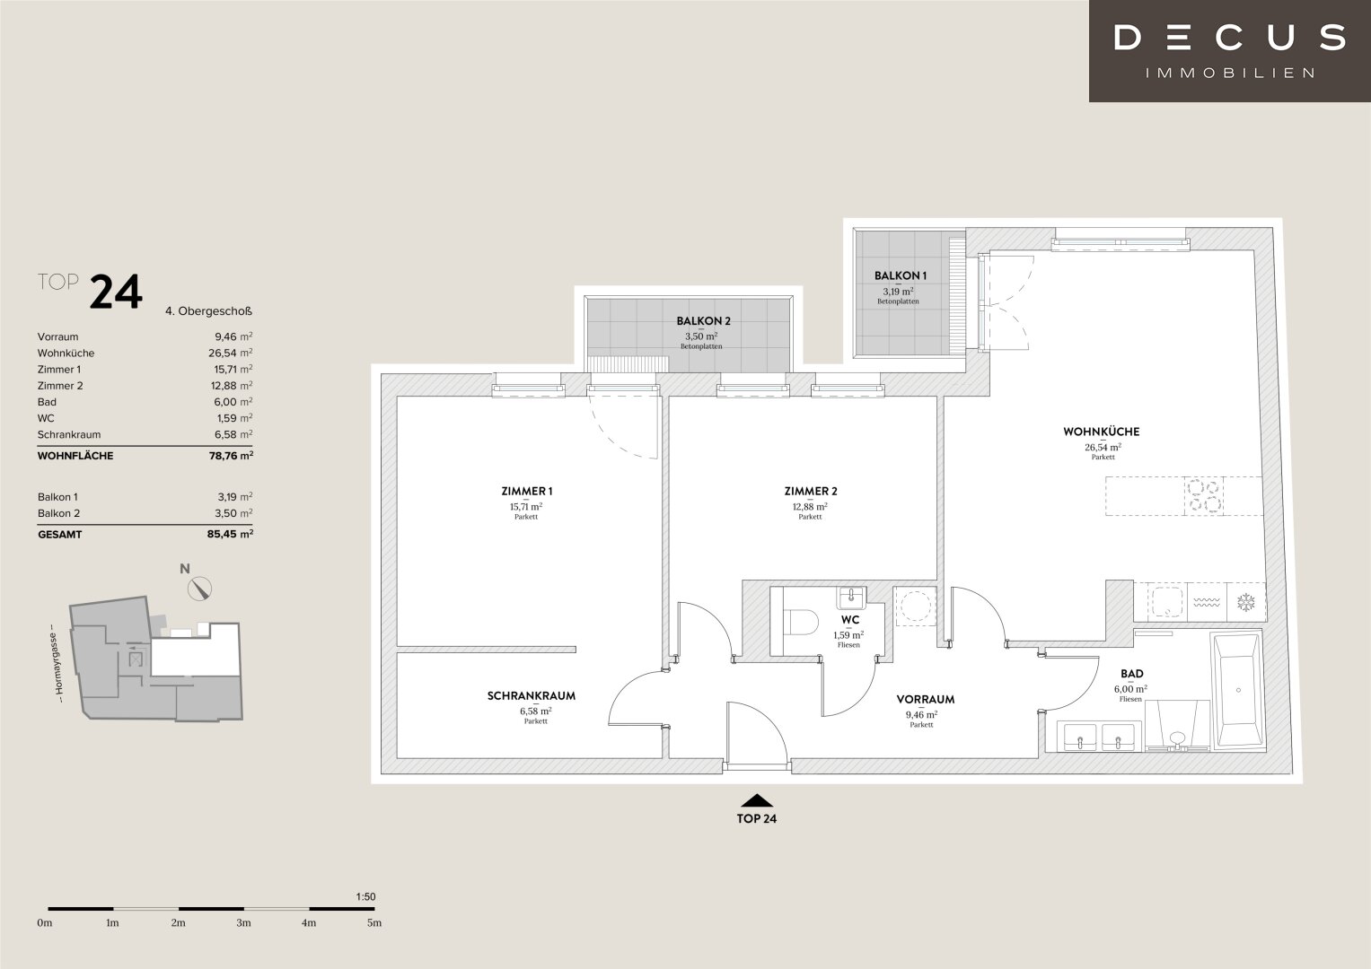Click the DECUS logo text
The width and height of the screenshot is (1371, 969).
pyautogui.click(x=1230, y=38)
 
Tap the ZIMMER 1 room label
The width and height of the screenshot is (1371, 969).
pyautogui.click(x=526, y=491)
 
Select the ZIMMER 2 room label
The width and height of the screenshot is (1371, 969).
pyautogui.click(x=811, y=491)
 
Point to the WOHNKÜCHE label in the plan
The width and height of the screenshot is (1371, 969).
pyautogui.click(x=1101, y=432)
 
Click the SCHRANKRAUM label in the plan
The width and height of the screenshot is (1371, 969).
pyautogui.click(x=532, y=695)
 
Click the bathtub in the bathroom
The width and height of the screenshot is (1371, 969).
pyautogui.click(x=1236, y=690)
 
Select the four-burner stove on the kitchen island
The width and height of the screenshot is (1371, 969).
pyautogui.click(x=1205, y=495)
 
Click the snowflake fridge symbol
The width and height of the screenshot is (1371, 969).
pyautogui.click(x=1246, y=603)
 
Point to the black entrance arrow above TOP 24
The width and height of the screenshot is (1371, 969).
pyautogui.click(x=757, y=800)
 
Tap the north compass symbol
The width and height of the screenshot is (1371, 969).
pyautogui.click(x=200, y=589)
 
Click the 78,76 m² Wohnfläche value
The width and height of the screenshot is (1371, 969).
pyautogui.click(x=231, y=456)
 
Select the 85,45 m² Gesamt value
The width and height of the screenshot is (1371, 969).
pyautogui.click(x=230, y=534)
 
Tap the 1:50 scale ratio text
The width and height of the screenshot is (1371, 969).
pyautogui.click(x=365, y=897)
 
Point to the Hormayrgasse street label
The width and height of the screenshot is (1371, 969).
pyautogui.click(x=58, y=663)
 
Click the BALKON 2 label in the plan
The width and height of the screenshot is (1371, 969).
pyautogui.click(x=703, y=320)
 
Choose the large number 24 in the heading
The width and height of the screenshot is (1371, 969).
pyautogui.click(x=117, y=292)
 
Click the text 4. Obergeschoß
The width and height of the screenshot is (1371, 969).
pyautogui.click(x=208, y=311)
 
